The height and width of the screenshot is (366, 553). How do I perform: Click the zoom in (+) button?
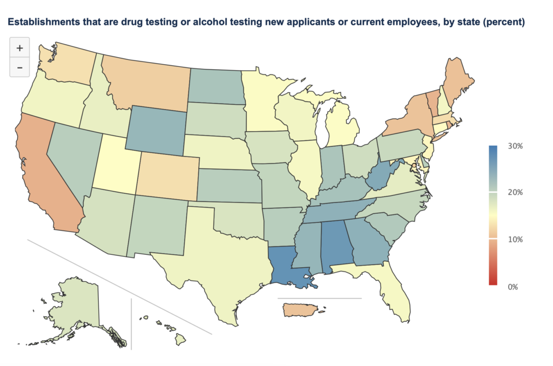click(19, 48)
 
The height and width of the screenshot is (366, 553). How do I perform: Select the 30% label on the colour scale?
click(516, 146)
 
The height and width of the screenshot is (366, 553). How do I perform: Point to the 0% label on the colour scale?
click(513, 287)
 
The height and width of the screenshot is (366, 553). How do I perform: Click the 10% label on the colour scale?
click(516, 239)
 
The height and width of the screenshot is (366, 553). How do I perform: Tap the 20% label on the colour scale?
click(516, 193)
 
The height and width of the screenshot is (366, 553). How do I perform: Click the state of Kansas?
click(227, 184)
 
